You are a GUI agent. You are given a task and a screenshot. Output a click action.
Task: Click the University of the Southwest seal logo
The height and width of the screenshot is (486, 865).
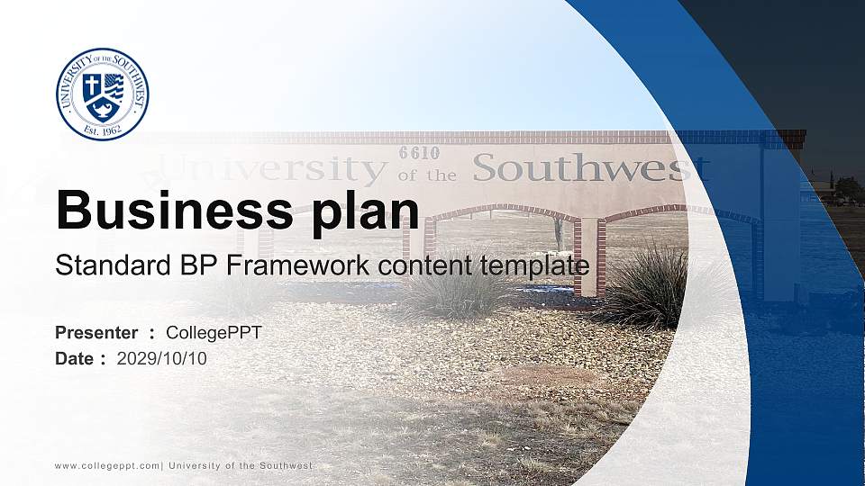(x=102, y=94)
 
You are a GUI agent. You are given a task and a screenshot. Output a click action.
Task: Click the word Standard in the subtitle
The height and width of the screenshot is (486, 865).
(x=100, y=265)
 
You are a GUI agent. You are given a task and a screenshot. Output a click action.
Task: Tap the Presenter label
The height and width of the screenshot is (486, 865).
(x=96, y=333)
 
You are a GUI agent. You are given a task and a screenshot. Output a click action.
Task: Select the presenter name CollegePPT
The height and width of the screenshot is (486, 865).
(x=214, y=333)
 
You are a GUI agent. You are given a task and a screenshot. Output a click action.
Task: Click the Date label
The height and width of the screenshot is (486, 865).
(x=75, y=358)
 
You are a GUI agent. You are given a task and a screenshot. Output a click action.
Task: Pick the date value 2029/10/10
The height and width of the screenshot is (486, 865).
(x=162, y=358)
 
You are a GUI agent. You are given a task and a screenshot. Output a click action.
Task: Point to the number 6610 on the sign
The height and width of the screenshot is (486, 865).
(x=419, y=153)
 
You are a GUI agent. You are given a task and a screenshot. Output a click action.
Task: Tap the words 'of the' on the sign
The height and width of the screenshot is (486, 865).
(x=427, y=175)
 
